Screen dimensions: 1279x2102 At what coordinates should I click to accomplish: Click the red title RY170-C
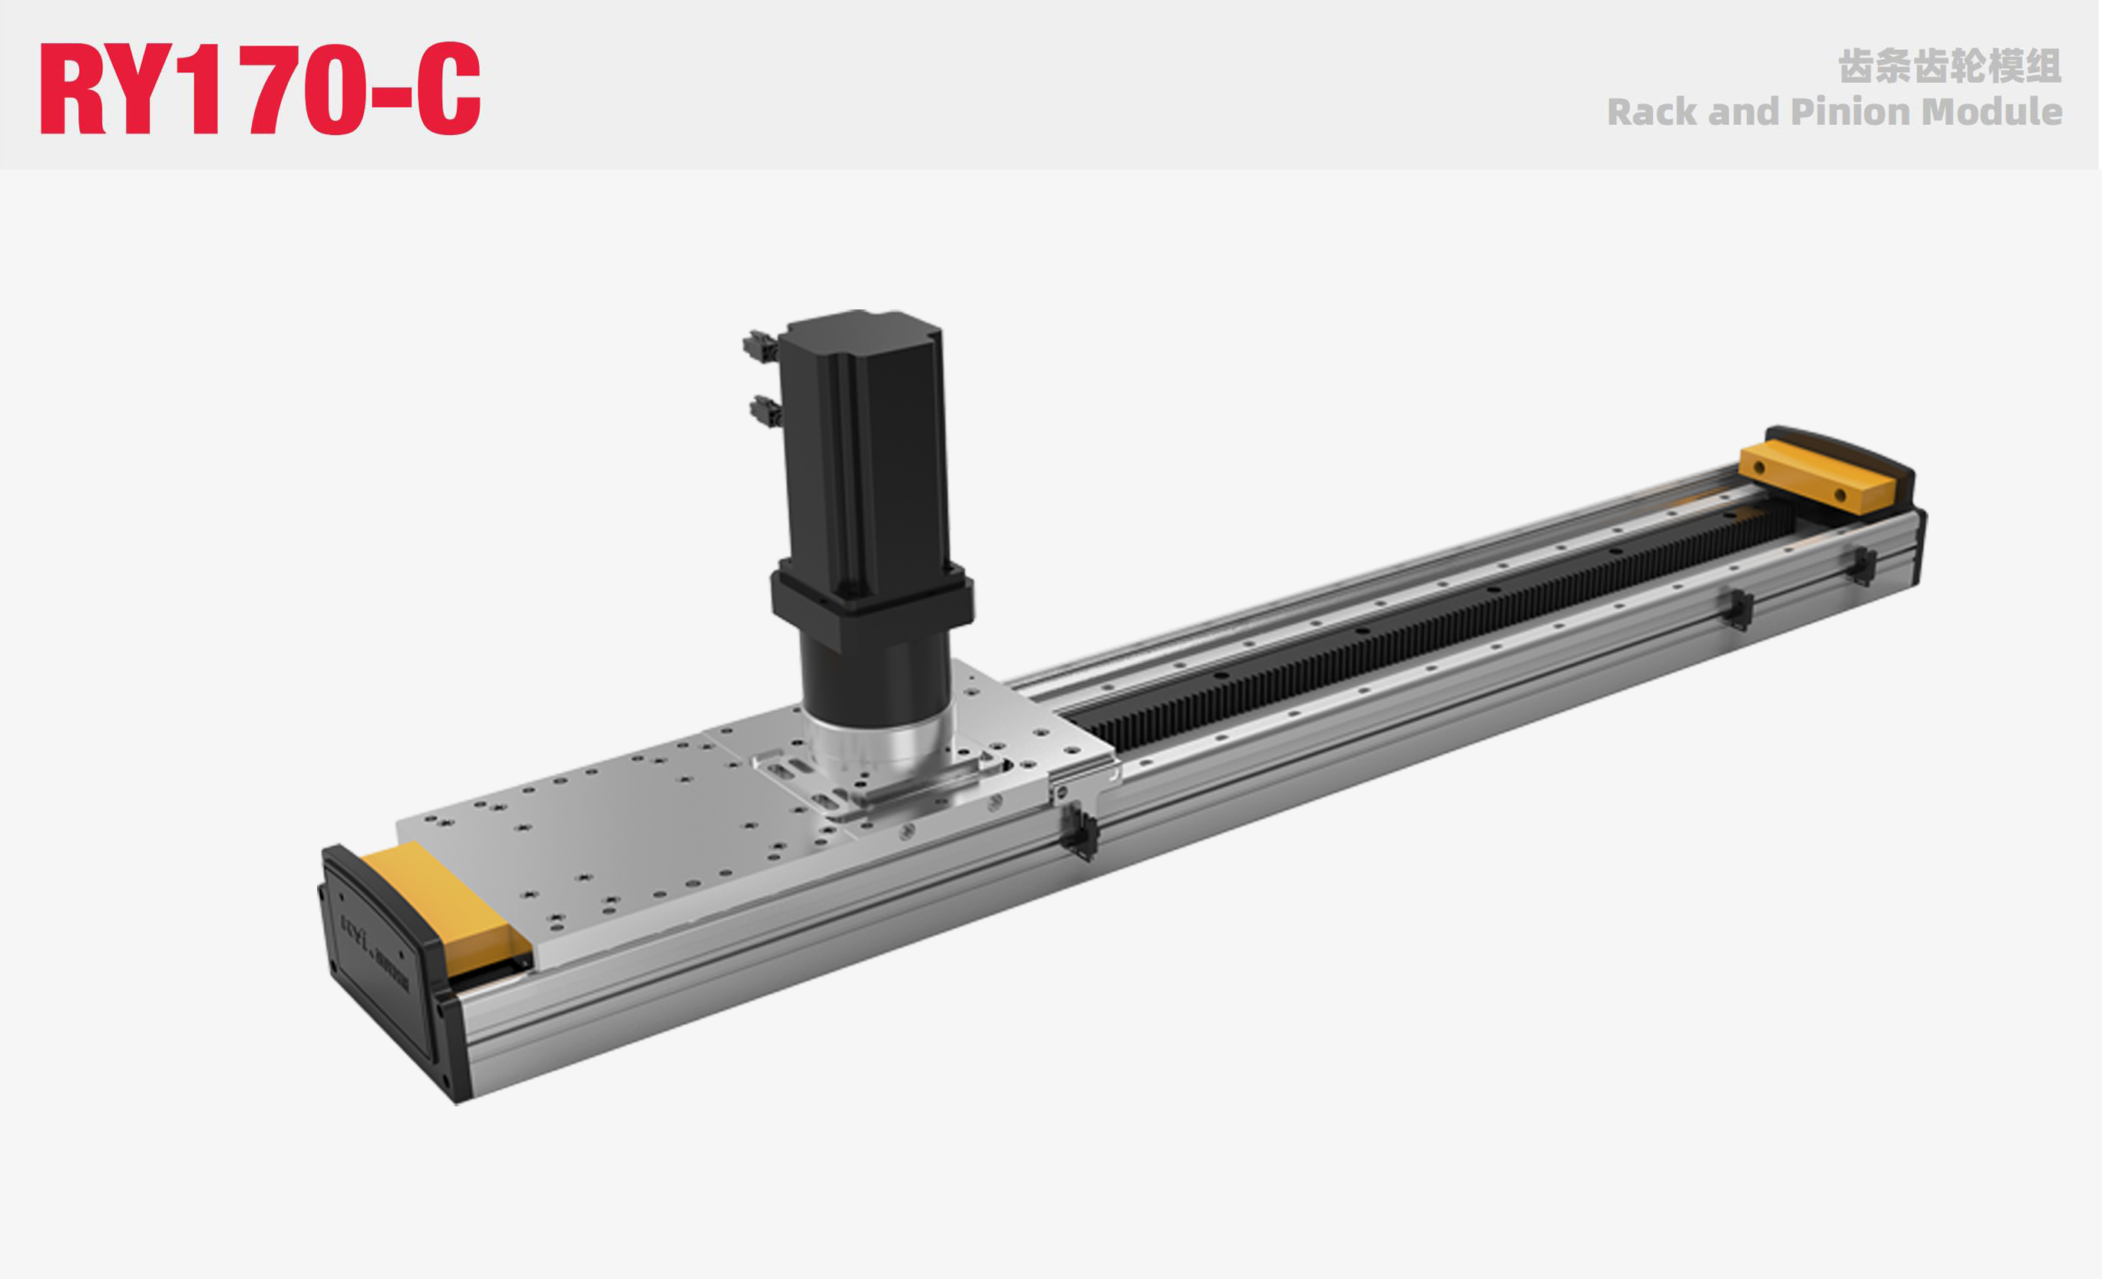260,89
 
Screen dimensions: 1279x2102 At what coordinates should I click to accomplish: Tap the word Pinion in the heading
1850,113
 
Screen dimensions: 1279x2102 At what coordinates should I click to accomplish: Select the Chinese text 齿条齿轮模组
1949,67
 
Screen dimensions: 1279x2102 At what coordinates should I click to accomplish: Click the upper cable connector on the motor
759,346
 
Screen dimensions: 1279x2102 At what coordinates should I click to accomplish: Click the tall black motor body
861,444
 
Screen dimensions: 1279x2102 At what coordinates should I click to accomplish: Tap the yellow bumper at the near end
444,904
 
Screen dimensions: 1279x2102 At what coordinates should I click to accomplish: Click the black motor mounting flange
870,597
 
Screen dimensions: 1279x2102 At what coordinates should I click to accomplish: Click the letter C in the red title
448,89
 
